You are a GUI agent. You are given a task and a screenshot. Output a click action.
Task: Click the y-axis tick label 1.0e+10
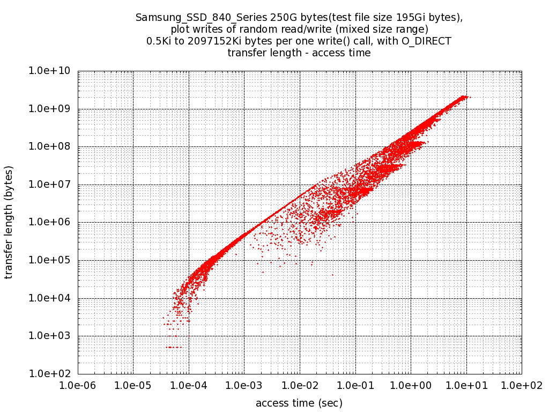pos(53,71)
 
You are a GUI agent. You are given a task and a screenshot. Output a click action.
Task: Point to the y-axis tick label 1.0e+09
pos(53,109)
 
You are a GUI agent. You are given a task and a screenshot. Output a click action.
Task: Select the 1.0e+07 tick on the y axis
pos(53,185)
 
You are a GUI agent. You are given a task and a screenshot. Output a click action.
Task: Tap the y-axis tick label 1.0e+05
pos(53,260)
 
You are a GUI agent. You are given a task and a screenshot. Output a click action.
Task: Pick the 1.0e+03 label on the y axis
pos(53,336)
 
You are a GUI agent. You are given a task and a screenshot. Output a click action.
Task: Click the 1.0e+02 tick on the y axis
pos(53,374)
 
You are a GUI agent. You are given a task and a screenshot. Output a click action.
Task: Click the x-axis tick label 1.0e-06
pos(78,385)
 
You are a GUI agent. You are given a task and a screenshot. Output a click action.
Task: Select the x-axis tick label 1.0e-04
pos(189,385)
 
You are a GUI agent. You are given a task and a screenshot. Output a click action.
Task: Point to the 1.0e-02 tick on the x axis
pos(300,385)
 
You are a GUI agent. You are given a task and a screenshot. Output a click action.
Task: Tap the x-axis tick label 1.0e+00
pos(411,385)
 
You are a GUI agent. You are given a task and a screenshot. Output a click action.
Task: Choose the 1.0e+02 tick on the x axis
pos(521,385)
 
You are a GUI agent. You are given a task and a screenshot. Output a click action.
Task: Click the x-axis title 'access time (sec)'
pos(299,403)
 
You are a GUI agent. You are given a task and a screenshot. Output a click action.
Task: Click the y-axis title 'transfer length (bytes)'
pos(9,222)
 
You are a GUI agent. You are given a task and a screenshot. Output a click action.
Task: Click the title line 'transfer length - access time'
pos(299,53)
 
